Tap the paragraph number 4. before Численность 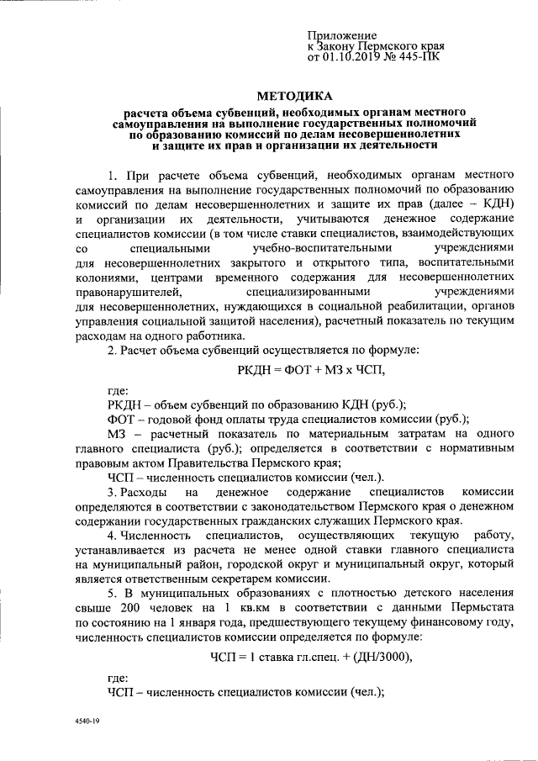pos(113,536)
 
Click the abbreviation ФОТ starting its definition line pos(122,419)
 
